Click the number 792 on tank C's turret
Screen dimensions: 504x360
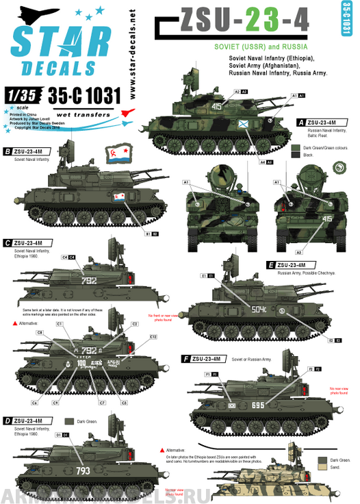coord(89,281)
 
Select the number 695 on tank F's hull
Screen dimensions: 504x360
coord(257,405)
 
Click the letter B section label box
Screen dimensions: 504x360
coord(8,151)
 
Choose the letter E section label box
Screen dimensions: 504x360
coord(272,264)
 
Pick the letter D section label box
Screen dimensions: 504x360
coord(8,420)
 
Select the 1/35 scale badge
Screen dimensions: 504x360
coord(21,94)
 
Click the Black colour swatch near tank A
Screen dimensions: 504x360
coord(295,156)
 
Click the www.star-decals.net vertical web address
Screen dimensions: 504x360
coord(131,51)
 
